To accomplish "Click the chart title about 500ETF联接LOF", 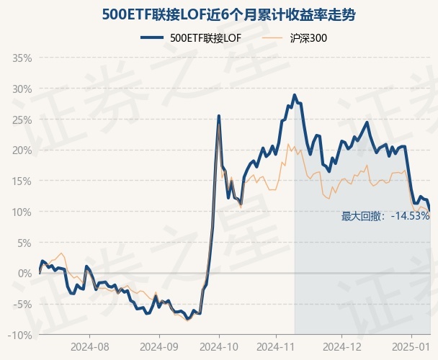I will (219, 14).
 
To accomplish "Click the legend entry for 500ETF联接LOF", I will (191, 38).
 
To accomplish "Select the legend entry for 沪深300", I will (298, 38).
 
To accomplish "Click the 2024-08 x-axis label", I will (89, 346).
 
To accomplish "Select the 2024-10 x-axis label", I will (219, 346).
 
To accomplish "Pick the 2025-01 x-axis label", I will (411, 346).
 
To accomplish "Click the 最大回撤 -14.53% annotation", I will (385, 215).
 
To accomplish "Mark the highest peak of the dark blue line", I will (295, 94).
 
